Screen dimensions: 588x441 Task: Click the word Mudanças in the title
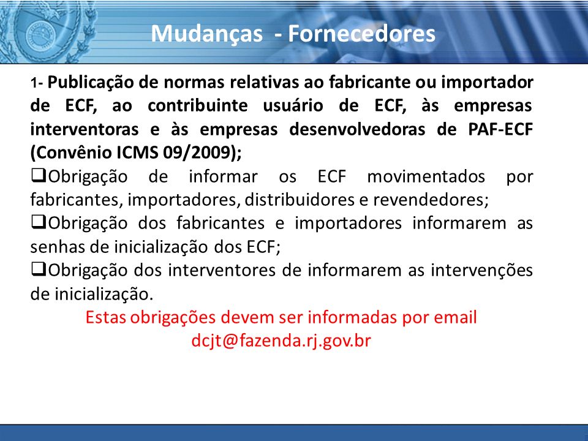pos(206,34)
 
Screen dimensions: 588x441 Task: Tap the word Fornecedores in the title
pos(361,33)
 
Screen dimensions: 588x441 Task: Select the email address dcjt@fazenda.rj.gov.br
pos(281,341)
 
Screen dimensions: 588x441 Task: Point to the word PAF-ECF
pos(500,129)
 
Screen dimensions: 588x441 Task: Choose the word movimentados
pos(426,176)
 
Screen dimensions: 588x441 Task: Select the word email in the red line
pos(455,317)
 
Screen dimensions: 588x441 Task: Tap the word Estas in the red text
pos(105,317)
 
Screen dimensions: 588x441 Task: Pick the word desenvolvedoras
pos(357,129)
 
